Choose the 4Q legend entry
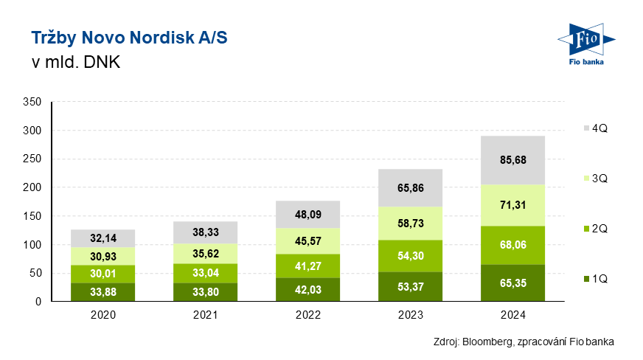[594, 128]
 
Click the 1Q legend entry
[594, 279]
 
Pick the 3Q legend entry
[594, 179]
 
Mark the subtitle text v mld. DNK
[75, 62]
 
